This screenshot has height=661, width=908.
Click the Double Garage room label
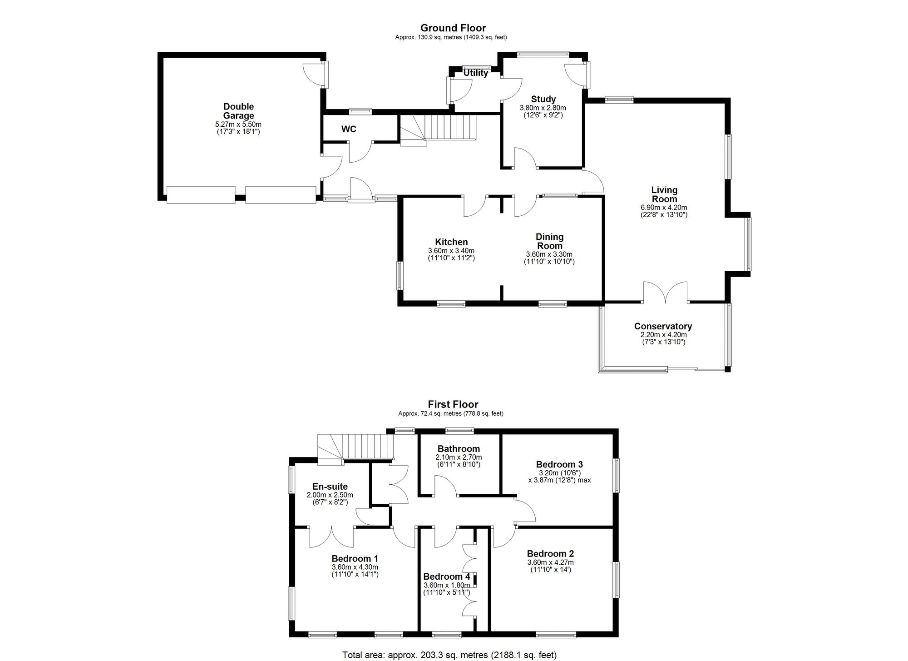[x=238, y=111]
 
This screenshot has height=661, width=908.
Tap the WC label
[x=349, y=129]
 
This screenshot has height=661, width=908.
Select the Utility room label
[x=476, y=73]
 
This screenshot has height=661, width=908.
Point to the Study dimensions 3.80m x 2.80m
[x=543, y=108]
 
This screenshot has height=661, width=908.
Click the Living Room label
[x=664, y=194]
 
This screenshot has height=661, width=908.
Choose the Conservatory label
[x=663, y=326]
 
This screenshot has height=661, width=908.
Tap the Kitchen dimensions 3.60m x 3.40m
[x=451, y=251]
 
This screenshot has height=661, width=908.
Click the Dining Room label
[x=549, y=241]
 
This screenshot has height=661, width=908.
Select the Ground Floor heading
[x=453, y=28]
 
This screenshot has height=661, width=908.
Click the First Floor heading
[x=453, y=404]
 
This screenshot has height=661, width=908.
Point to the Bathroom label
[x=459, y=449]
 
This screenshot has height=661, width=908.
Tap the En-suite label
[x=330, y=487]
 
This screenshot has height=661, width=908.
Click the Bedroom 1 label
[x=355, y=559]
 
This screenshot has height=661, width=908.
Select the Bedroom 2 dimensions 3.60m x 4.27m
[x=550, y=562]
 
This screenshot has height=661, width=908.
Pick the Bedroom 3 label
[x=559, y=464]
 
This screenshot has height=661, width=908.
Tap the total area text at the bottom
[x=449, y=655]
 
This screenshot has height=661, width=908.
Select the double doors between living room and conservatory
[x=666, y=293]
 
